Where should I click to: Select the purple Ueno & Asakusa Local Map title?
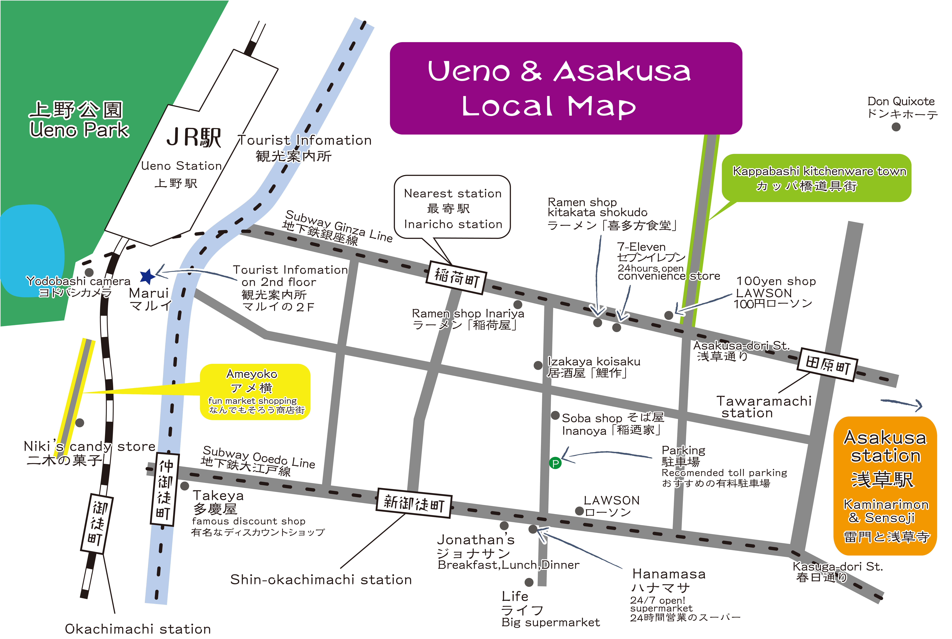coord(566,88)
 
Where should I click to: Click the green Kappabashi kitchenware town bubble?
coord(816,178)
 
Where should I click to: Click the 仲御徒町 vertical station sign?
coord(165,489)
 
